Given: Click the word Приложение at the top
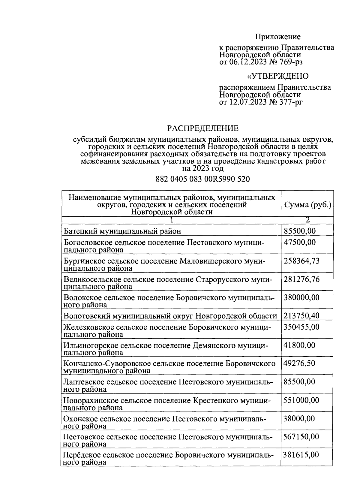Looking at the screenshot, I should click(x=277, y=37).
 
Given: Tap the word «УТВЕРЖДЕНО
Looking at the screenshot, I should click(x=277, y=76).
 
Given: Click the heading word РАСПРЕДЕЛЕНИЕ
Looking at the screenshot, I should click(x=203, y=128).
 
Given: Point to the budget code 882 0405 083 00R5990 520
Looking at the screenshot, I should click(x=203, y=179).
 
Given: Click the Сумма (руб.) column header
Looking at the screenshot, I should click(x=308, y=205).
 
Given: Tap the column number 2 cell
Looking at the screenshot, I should click(x=307, y=220).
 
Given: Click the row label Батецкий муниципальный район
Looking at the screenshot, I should click(x=122, y=231).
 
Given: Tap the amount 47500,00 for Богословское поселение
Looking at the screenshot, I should click(x=299, y=242).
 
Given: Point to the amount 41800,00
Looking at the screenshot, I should click(x=299, y=345).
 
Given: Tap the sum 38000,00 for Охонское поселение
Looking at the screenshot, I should click(x=299, y=418).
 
